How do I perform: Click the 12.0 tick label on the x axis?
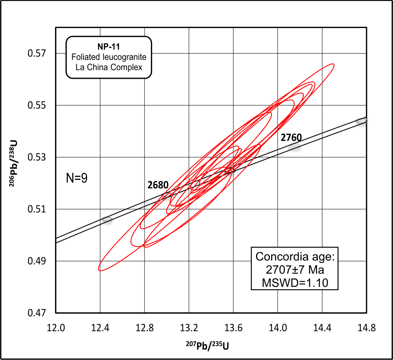56,328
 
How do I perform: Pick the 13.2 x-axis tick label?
189,328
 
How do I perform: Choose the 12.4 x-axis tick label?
100,328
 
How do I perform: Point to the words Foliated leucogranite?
109,58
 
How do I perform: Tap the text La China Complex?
109,67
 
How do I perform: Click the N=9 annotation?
77,178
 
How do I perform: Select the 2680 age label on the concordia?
158,185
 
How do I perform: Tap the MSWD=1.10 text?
295,283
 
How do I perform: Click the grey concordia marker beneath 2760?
295,147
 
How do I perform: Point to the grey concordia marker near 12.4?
107,219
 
